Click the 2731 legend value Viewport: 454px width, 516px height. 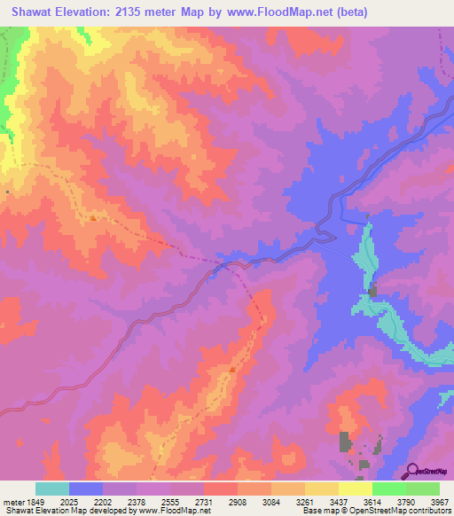[203, 503]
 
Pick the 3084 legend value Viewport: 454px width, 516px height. [270, 503]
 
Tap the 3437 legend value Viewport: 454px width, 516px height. [338, 503]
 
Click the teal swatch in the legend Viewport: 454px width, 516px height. [52, 489]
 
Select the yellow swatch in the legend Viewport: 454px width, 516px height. [356, 489]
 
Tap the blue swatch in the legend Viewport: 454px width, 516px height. [86, 489]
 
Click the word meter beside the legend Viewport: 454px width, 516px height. [12, 503]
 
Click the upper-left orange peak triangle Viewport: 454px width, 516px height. [93, 216]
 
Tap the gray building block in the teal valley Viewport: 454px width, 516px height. [373, 291]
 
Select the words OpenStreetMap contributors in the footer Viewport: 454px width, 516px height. [404, 512]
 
